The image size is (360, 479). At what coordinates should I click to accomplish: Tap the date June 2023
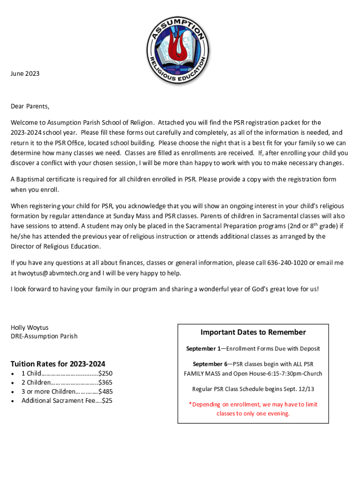[x=25, y=73]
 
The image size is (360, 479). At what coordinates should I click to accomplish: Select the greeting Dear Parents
[x=30, y=106]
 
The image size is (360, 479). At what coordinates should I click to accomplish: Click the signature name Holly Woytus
[x=29, y=327]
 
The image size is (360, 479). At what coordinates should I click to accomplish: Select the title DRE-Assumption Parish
[x=44, y=336]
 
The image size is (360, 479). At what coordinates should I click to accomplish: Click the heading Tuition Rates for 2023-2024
[x=58, y=364]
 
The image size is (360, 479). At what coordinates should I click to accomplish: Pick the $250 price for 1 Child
[x=105, y=373]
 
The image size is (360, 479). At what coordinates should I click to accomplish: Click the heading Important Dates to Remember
[x=253, y=332]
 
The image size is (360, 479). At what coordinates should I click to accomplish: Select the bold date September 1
[x=203, y=348]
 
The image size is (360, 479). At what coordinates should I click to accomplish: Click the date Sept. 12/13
[x=297, y=389]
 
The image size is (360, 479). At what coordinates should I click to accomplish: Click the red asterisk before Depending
[x=190, y=405]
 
